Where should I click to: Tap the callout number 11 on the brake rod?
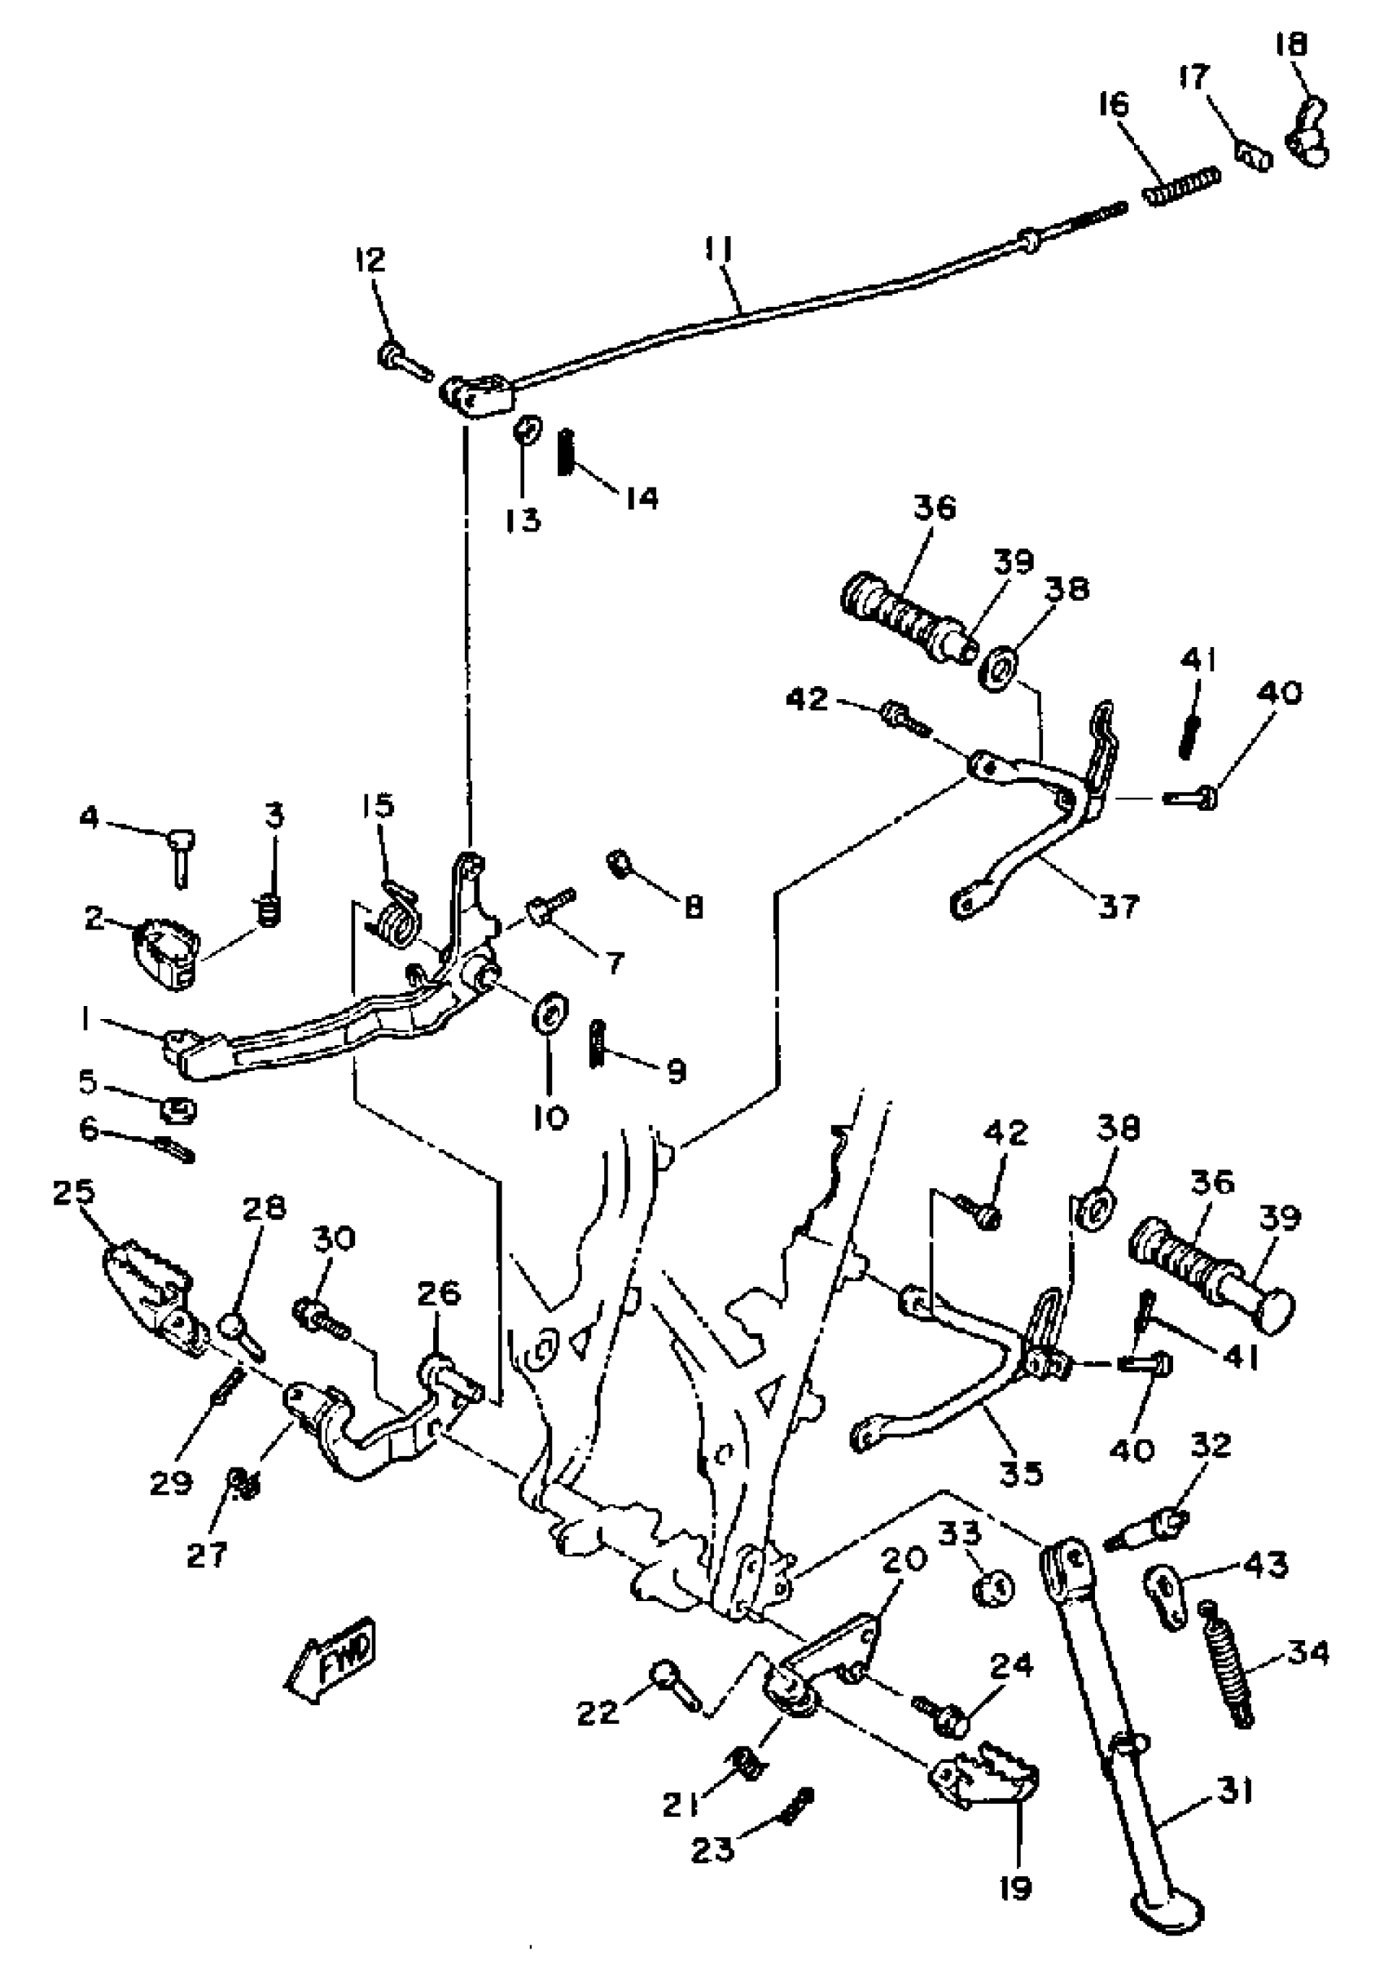tap(717, 251)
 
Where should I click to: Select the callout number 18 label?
tap(1290, 45)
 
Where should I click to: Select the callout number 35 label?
tap(1022, 1472)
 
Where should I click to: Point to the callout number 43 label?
tap(1264, 1564)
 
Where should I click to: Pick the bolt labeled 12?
tap(404, 360)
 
